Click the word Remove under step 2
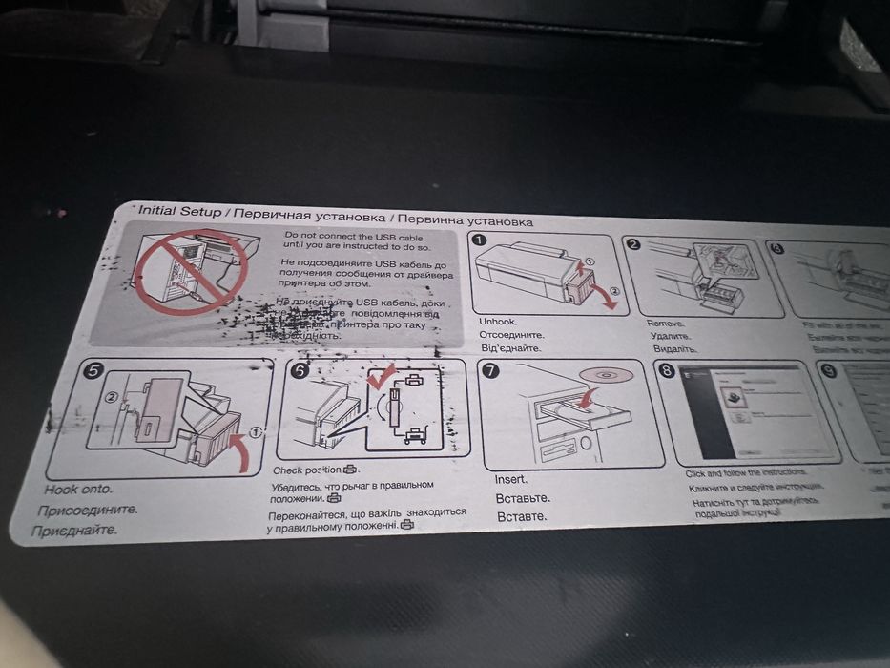pos(665,324)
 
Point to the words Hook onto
pos(77,490)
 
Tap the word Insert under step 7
pos(511,478)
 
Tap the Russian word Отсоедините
pos(512,335)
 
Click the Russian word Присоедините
pos(87,510)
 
